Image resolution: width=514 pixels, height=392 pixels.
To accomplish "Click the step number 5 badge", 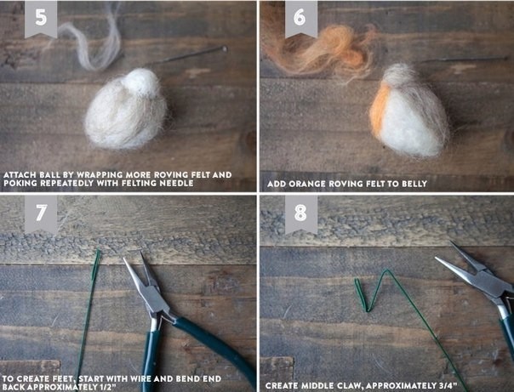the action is pyautogui.click(x=41, y=18).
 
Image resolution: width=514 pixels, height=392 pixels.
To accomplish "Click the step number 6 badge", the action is pyautogui.click(x=300, y=18).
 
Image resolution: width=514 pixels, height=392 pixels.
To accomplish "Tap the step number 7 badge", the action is pyautogui.click(x=41, y=213).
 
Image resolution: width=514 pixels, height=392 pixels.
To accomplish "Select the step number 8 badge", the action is pyautogui.click(x=300, y=213).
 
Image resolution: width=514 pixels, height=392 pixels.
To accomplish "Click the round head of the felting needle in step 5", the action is pyautogui.click(x=225, y=49).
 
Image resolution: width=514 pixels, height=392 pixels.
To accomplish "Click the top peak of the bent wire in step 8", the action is pyautogui.click(x=387, y=270).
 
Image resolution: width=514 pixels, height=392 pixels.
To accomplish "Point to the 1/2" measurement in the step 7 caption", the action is pyautogui.click(x=106, y=388).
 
